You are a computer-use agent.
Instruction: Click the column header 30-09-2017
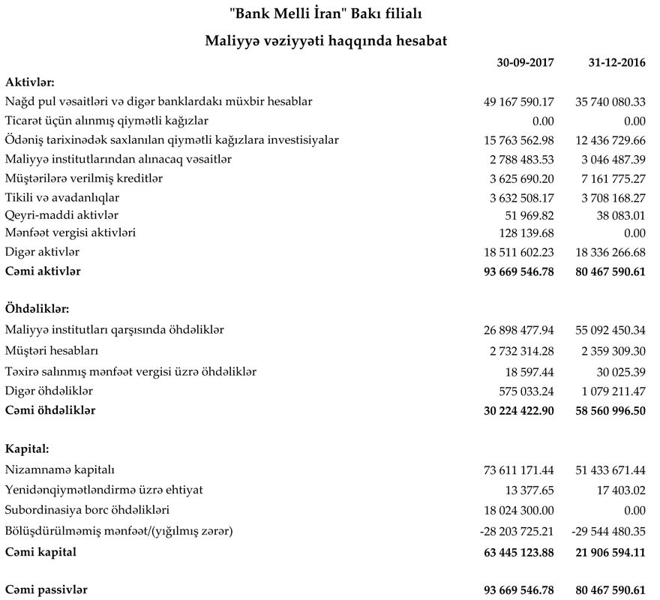coord(525,63)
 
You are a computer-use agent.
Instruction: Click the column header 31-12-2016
coord(616,63)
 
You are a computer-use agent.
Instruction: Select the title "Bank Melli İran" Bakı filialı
coord(329,14)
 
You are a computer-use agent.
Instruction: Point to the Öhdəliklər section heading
coord(37,309)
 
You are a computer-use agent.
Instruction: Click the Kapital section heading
coord(27,450)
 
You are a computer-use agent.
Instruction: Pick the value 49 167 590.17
coord(519,101)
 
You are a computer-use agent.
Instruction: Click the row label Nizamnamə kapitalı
coord(60,470)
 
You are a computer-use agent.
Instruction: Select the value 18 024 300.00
coord(519,511)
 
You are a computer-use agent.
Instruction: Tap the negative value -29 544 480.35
coord(608,532)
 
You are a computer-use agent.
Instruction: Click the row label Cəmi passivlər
coord(46,590)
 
